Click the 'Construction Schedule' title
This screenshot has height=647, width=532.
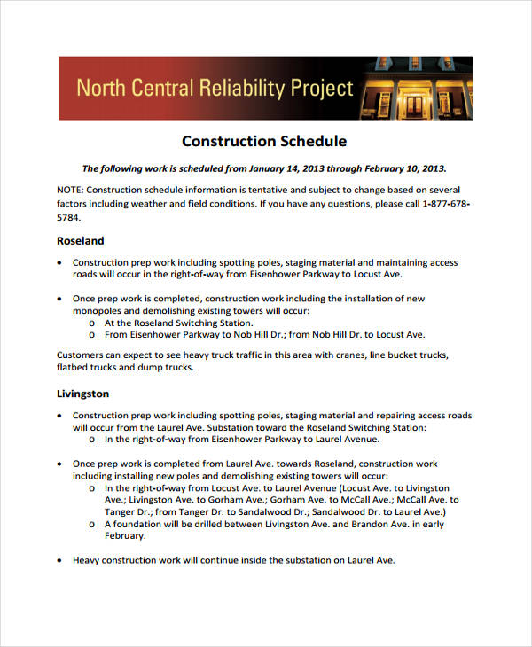click(x=263, y=141)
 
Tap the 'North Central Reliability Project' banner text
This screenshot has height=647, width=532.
click(x=215, y=88)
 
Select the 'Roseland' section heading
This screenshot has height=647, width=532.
click(x=81, y=240)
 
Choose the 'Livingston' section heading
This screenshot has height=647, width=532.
click(x=83, y=393)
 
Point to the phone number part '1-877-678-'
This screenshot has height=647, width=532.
click(x=444, y=203)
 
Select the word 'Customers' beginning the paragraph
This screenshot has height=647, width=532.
click(x=82, y=355)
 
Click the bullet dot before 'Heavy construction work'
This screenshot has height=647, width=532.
click(x=59, y=561)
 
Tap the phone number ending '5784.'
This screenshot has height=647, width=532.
click(x=68, y=216)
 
